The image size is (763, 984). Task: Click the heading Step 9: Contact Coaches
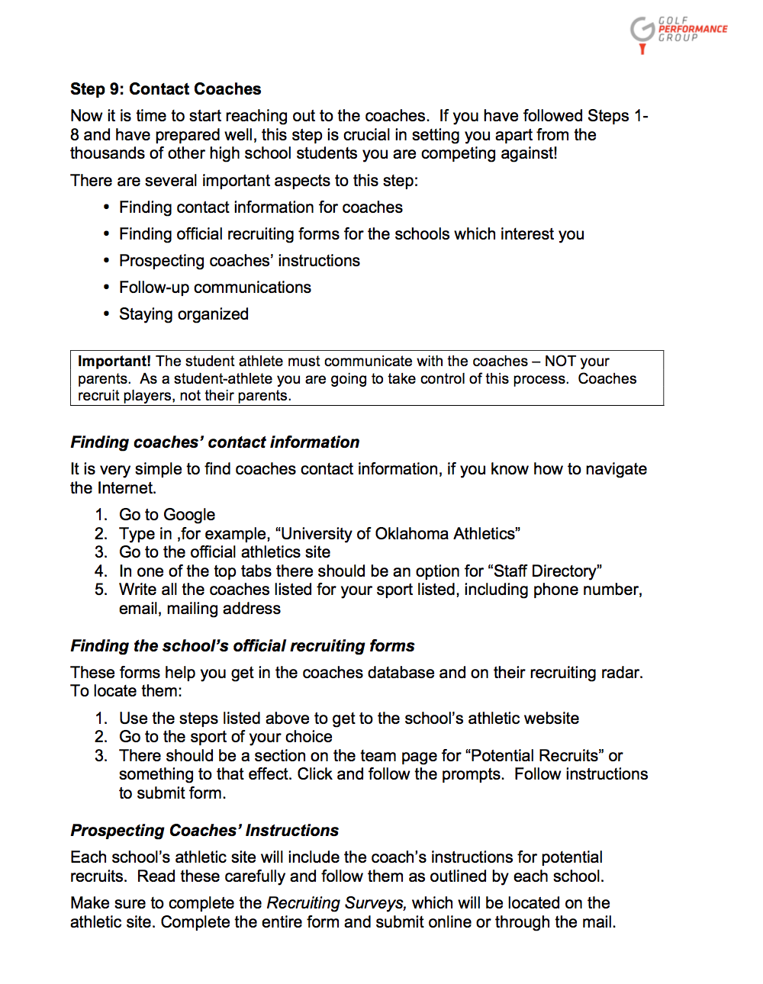tap(166, 89)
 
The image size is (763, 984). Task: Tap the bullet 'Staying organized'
tap(184, 314)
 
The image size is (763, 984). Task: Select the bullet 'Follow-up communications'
tap(215, 288)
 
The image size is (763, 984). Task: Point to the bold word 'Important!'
tap(114, 362)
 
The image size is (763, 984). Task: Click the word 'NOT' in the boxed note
tap(560, 362)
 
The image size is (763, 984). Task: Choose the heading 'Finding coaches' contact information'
tap(214, 442)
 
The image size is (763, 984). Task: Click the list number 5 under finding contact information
tap(101, 590)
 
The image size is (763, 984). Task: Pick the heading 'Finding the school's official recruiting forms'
tap(242, 646)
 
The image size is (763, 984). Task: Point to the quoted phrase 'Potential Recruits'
tap(534, 756)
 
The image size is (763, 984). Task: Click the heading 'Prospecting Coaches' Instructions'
tap(204, 831)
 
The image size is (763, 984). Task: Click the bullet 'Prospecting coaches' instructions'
tap(240, 261)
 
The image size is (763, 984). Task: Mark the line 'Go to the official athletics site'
tap(224, 552)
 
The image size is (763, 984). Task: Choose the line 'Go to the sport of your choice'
tap(225, 737)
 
